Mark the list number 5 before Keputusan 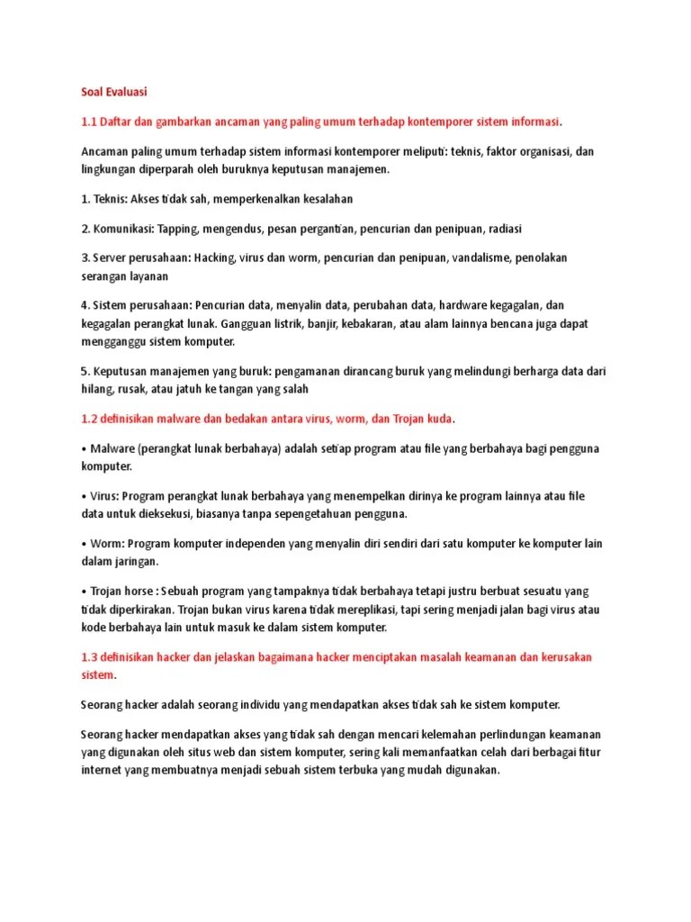tap(85, 370)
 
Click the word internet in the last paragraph tap(102, 772)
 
